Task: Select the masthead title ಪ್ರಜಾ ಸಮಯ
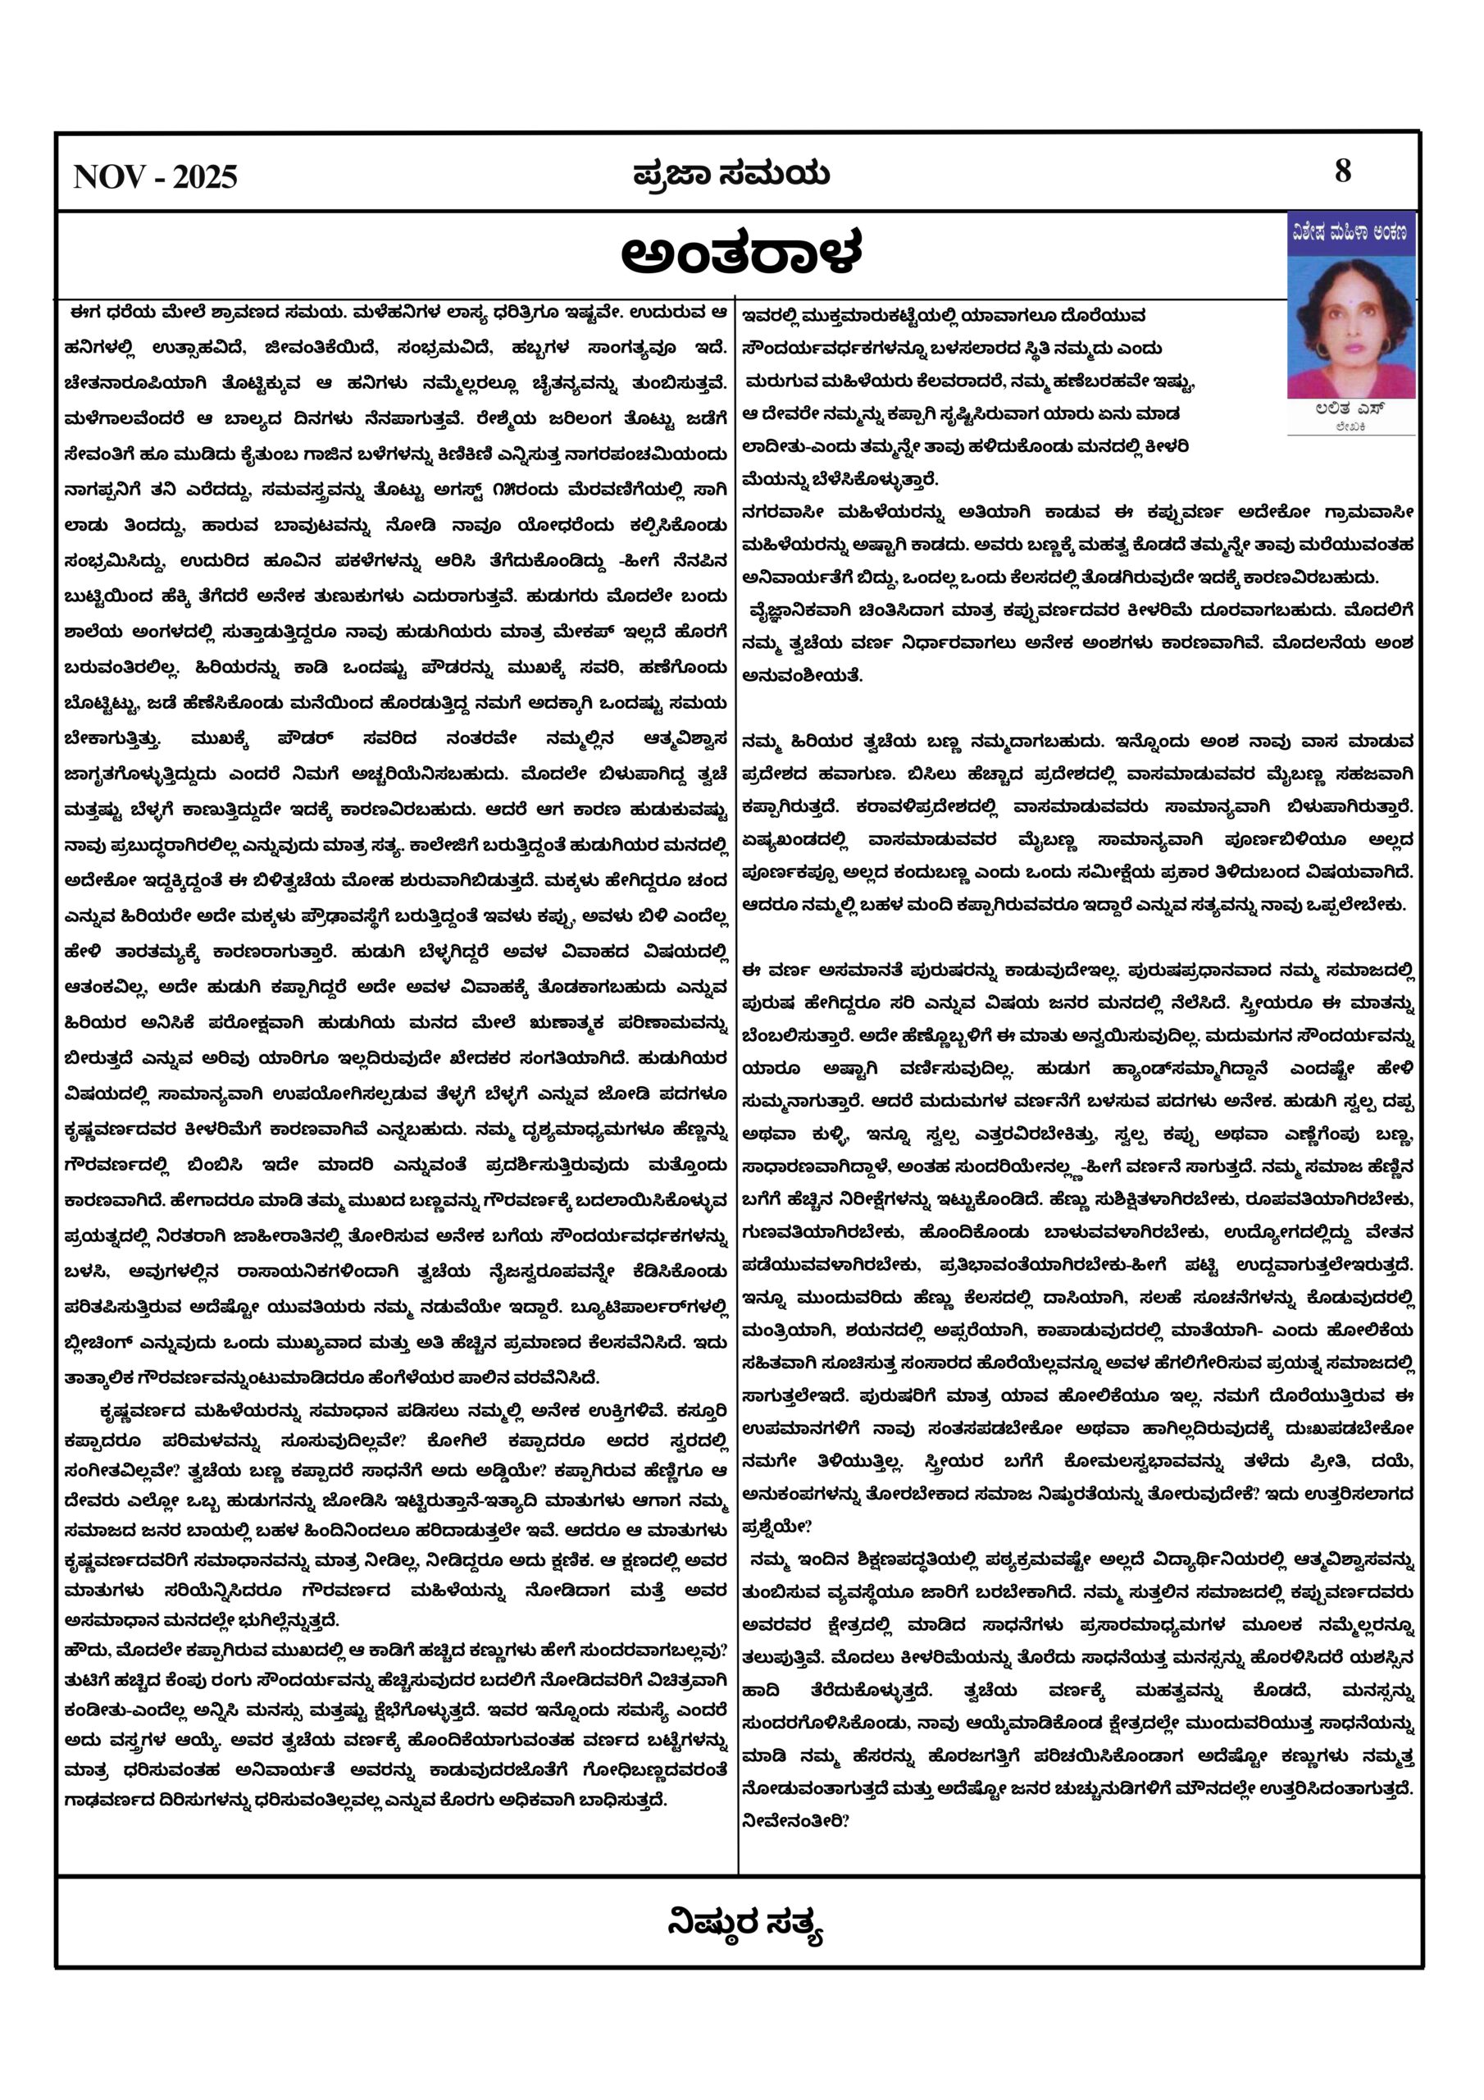click(731, 174)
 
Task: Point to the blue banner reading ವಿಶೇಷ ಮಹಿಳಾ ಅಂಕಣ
click(1350, 234)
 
